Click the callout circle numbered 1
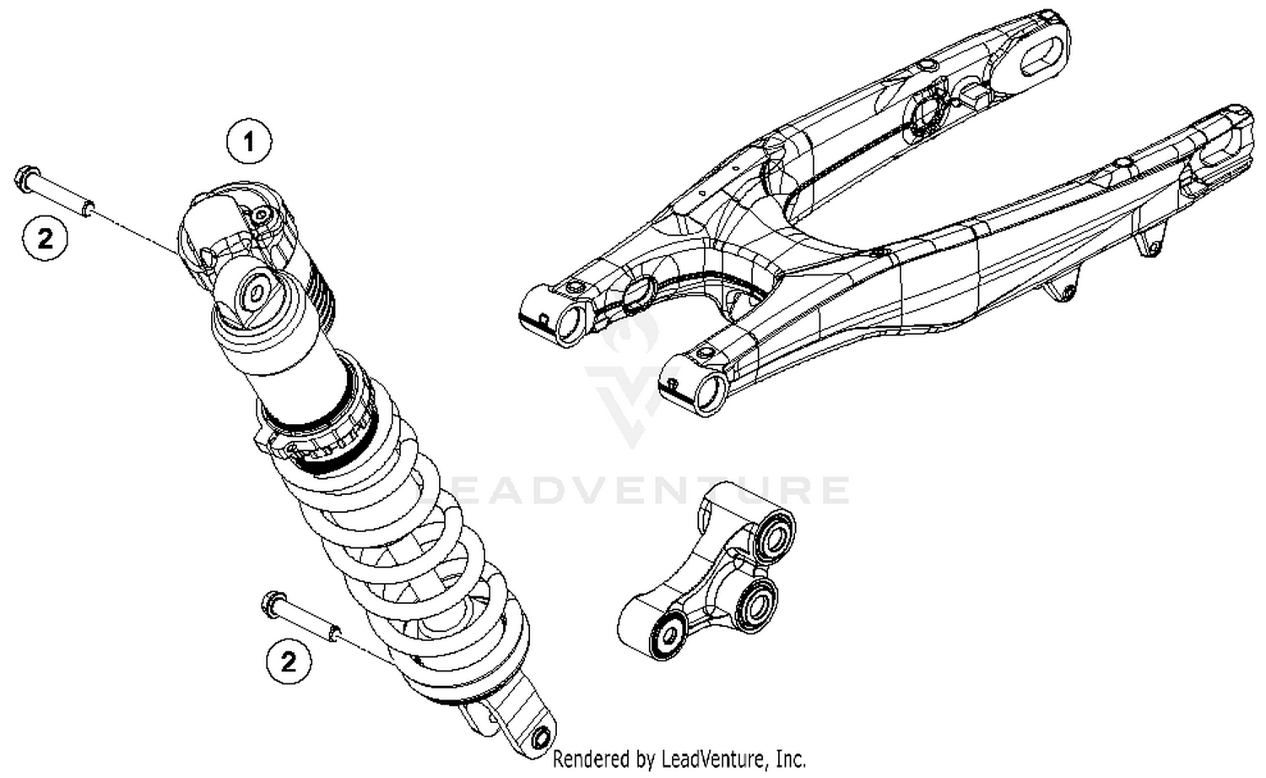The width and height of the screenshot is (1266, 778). tap(248, 142)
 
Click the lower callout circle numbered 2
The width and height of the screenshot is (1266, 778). tap(289, 661)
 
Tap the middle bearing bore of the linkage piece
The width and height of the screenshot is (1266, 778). tap(752, 606)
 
